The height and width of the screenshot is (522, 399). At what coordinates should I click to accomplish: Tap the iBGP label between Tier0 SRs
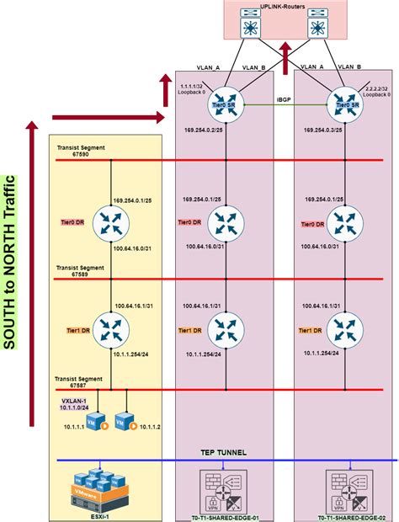(x=284, y=101)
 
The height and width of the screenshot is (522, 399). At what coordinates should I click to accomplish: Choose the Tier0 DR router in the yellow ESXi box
(x=110, y=223)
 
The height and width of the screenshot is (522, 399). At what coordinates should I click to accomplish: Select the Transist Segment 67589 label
(x=80, y=270)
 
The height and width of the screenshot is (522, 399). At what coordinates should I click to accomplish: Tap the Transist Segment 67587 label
(x=80, y=382)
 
